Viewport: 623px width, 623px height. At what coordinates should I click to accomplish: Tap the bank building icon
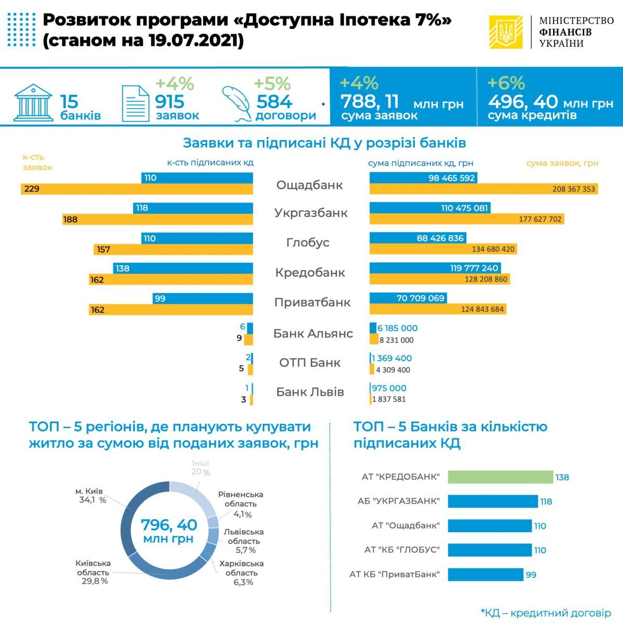click(33, 102)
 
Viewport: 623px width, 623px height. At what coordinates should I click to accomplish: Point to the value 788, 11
click(370, 101)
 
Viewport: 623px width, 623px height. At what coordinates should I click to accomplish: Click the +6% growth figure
click(506, 83)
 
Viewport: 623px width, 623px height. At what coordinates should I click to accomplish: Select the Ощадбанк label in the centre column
click(309, 185)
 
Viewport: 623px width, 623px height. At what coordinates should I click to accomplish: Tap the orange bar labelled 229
click(137, 189)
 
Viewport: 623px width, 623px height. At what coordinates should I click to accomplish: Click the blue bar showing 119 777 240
click(435, 268)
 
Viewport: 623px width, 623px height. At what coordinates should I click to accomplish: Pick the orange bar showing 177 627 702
click(466, 219)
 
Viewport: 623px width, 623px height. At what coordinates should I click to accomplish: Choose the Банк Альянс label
click(313, 333)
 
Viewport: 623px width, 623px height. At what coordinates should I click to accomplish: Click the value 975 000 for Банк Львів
click(389, 388)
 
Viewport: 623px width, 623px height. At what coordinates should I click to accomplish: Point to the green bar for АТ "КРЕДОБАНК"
click(500, 477)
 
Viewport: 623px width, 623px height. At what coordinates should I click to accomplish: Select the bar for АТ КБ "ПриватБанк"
click(485, 575)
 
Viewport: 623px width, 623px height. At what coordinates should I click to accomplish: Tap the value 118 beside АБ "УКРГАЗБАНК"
click(546, 502)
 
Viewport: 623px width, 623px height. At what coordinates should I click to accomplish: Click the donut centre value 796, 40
click(169, 525)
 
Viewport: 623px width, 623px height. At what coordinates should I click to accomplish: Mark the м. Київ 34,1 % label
click(90, 496)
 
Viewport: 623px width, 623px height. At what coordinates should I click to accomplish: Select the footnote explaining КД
click(546, 613)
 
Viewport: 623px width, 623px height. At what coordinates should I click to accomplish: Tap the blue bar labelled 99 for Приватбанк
click(203, 299)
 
